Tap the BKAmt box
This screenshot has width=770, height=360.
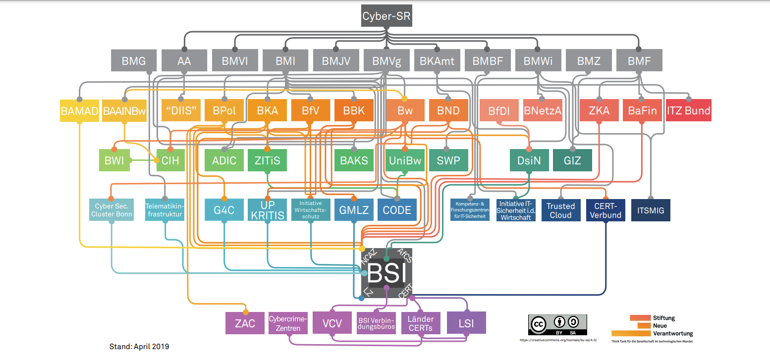pos(437,61)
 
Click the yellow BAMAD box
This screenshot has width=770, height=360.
pos(79,111)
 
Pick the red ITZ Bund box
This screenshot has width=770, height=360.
pos(688,111)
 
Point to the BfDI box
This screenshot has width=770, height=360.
pos(499,111)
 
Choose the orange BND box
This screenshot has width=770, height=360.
pos(448,111)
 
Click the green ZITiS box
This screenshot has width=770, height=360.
pos(268,160)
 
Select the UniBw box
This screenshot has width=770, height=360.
pos(405,160)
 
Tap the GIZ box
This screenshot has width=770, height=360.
pos(572,160)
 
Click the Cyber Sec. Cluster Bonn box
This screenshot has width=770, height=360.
pos(111,210)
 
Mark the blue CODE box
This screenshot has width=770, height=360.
pos(397,210)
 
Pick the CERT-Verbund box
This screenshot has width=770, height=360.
pos(605,210)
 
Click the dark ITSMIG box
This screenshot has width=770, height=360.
pos(651,210)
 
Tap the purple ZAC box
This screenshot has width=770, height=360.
pos(245,323)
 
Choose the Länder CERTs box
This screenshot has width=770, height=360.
pos(420,323)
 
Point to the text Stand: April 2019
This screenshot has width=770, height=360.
pos(139,347)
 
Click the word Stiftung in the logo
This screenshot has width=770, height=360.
pos(664,318)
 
